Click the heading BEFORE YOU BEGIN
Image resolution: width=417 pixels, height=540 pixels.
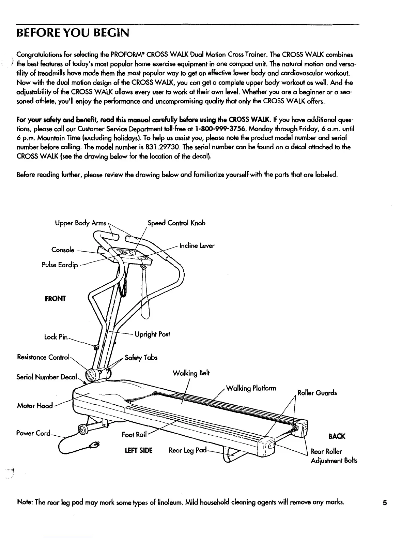point(73,33)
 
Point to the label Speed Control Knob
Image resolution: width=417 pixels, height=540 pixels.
point(176,223)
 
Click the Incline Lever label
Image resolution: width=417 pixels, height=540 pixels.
point(197,245)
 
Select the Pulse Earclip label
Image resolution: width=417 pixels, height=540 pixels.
point(60,265)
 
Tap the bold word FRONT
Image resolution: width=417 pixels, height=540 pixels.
point(55,299)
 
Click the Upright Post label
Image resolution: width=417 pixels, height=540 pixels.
point(152,334)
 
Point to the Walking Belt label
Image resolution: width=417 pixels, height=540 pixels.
point(191,373)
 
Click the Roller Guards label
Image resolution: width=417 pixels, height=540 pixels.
point(317,393)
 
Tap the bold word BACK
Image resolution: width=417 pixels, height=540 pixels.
point(337,436)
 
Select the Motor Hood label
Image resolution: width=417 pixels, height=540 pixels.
point(34,406)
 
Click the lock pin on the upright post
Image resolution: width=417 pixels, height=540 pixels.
point(96,347)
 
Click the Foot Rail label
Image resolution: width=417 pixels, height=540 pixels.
point(134,435)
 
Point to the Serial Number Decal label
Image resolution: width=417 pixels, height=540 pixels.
point(47,377)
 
